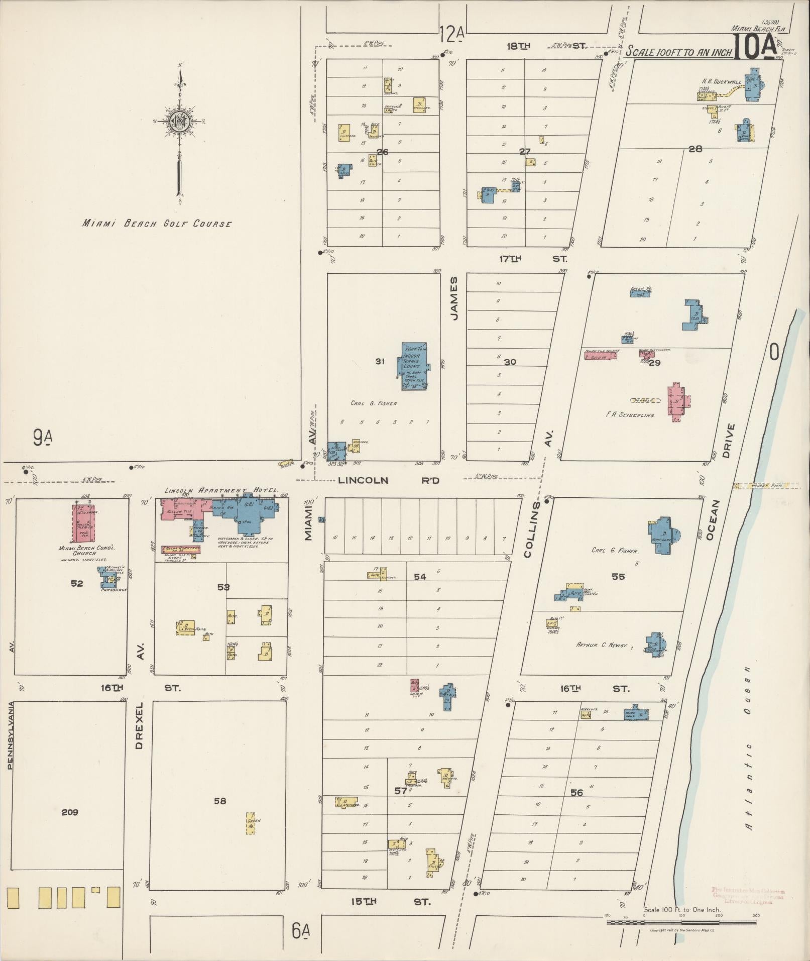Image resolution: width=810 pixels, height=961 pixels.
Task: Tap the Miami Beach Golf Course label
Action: [157, 224]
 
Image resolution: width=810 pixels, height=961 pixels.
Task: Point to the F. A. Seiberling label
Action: [630, 415]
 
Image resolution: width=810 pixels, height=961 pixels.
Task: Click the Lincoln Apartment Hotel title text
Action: [221, 490]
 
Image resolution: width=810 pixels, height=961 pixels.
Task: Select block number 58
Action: [220, 801]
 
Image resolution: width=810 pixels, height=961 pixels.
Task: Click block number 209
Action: [70, 812]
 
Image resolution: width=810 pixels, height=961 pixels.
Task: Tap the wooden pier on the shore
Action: [766, 486]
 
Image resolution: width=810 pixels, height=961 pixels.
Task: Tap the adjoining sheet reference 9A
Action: [42, 438]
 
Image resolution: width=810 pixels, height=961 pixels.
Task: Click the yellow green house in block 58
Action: [250, 824]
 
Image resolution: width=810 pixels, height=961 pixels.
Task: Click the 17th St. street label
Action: [532, 259]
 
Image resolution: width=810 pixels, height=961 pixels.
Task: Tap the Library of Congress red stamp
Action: [748, 896]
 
